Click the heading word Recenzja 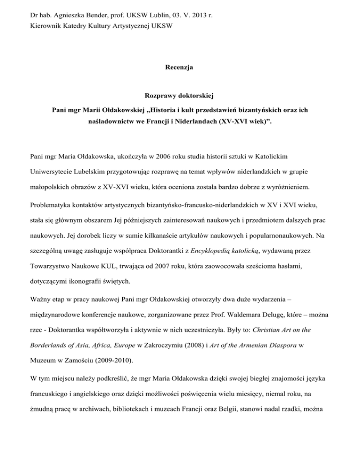point(180,68)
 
